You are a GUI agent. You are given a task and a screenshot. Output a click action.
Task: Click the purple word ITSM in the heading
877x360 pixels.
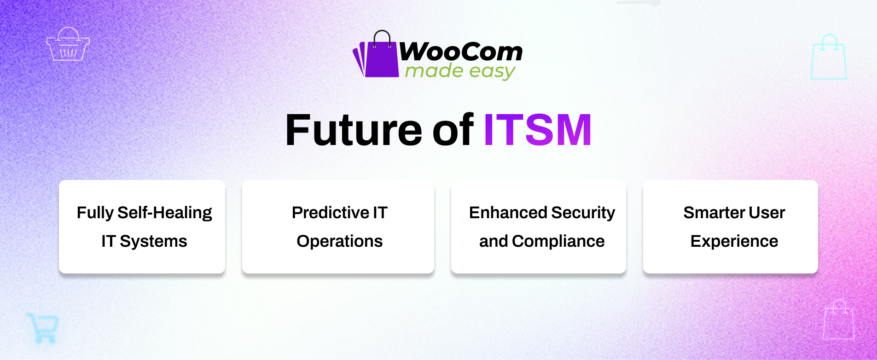[x=537, y=130]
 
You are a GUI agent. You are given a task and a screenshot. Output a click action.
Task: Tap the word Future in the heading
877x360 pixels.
[x=353, y=130]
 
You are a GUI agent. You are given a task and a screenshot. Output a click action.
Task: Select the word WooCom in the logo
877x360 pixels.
[x=460, y=52]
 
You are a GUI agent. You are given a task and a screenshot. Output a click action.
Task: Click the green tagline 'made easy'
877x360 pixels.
[x=459, y=71]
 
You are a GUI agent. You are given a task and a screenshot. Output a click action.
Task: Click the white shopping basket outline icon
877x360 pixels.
[x=68, y=45]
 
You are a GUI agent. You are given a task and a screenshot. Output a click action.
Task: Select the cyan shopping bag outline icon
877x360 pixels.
[x=829, y=58]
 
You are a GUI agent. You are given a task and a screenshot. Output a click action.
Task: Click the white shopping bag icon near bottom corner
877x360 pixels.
[x=839, y=320]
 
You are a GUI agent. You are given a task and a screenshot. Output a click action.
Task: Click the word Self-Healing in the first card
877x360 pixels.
[x=164, y=213]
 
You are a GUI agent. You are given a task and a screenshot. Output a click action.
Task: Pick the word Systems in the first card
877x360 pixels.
[x=153, y=241]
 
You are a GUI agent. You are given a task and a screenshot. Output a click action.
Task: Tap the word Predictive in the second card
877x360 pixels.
[x=330, y=213]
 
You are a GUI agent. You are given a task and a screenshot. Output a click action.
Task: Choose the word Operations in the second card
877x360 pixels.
[x=340, y=241]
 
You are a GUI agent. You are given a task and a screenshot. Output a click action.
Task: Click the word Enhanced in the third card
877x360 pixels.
[x=508, y=213]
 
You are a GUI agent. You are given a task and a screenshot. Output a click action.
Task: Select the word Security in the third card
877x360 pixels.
[x=583, y=213]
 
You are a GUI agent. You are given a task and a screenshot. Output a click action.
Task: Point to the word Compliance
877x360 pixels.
[x=558, y=241]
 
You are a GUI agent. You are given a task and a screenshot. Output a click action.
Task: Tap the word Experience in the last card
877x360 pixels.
[x=734, y=241]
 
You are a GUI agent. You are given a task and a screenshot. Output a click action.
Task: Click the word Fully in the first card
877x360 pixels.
[x=95, y=213]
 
